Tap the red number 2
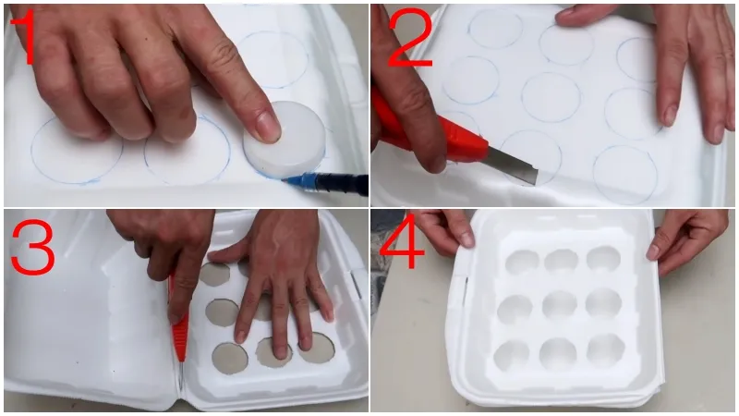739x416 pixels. click(409, 37)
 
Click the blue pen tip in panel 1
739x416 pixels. click(285, 180)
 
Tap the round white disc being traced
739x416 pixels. click(285, 139)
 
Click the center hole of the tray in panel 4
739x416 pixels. click(560, 305)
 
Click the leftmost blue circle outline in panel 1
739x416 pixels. click(77, 150)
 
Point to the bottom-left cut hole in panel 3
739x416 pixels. click(229, 359)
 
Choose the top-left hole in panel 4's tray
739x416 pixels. click(522, 263)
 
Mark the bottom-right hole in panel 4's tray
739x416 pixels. click(605, 350)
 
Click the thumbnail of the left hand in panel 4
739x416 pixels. click(466, 239)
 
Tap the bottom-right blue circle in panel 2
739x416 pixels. click(625, 175)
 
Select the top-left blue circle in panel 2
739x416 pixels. click(496, 30)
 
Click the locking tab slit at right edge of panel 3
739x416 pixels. click(356, 285)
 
